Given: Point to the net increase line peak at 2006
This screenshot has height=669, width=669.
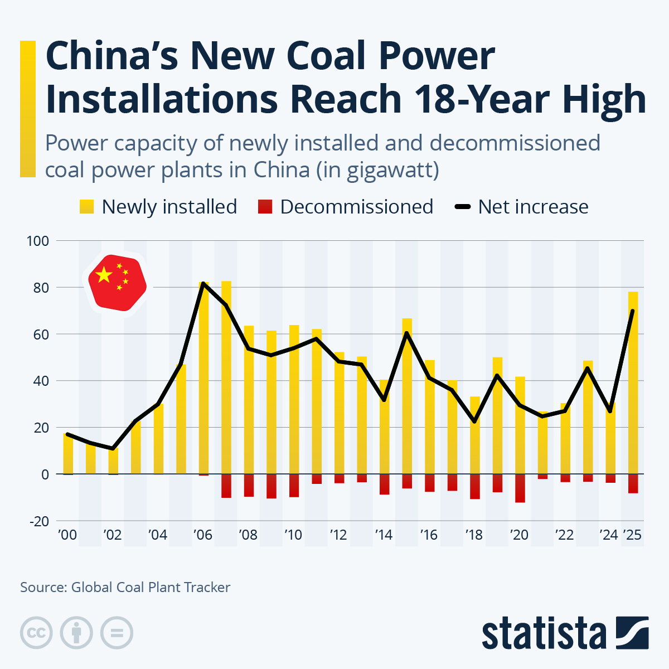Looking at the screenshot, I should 203,284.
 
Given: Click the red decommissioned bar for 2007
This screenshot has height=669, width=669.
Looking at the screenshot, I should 226,486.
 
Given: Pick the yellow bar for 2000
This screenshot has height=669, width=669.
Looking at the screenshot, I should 68,454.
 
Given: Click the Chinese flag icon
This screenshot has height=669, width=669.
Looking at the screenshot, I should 117,283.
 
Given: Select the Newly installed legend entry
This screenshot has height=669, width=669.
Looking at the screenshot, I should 158,207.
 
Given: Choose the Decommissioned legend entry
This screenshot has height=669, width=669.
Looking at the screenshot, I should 346,207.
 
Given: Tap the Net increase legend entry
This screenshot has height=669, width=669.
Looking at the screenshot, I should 522,207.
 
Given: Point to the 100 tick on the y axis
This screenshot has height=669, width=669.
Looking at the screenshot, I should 38,241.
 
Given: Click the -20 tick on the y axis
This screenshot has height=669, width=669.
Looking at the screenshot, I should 38,521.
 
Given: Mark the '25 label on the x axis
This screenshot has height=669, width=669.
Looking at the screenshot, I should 633,535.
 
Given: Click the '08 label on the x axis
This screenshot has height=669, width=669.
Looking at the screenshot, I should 248,535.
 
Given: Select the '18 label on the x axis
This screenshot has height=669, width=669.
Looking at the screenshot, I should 474,535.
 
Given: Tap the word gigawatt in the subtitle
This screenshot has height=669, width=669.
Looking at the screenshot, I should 389,169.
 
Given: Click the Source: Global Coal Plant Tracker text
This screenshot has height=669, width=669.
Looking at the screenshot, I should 125,587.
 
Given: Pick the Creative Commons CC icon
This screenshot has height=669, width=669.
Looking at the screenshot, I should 37,633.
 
